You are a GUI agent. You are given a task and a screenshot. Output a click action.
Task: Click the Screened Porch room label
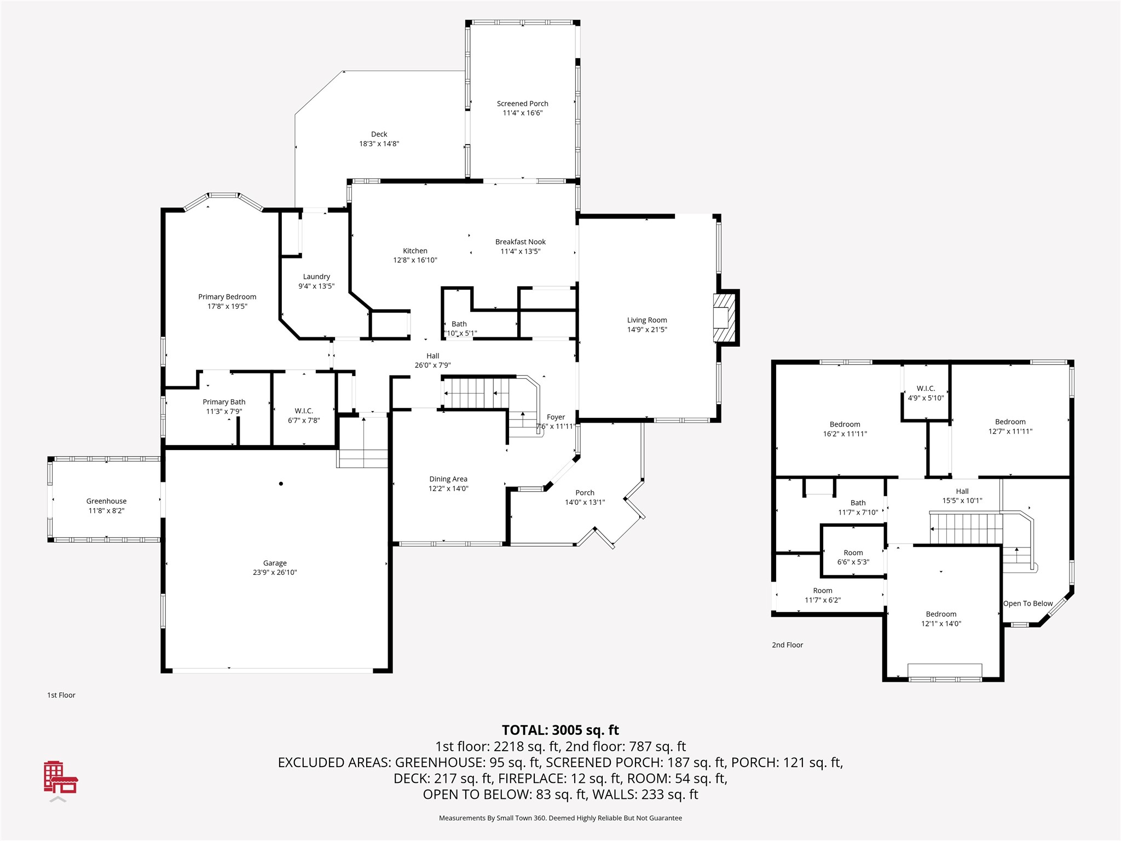522,103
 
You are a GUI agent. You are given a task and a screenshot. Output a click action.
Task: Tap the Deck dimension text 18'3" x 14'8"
379,143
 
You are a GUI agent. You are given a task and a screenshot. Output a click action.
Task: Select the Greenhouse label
106,501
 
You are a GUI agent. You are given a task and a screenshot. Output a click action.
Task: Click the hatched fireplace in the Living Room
724,318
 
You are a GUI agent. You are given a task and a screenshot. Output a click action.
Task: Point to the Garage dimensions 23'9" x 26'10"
275,572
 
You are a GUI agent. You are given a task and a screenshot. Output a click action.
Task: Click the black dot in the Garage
281,483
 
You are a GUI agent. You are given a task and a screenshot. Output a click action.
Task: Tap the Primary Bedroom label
227,297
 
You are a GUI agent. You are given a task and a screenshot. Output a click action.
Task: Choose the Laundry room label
316,277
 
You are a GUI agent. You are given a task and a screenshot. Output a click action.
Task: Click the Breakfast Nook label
521,241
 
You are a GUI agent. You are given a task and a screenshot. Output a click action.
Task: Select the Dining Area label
448,479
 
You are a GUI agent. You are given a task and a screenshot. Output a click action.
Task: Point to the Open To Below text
1028,603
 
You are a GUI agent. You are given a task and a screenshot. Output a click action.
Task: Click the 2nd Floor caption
787,645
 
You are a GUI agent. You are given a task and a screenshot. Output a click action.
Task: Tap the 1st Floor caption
61,695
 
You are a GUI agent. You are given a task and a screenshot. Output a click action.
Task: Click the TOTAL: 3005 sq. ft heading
560,730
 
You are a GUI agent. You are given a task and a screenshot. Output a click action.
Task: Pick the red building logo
60,777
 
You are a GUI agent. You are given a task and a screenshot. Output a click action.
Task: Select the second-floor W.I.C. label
926,388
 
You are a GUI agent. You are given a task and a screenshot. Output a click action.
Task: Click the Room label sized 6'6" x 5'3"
853,552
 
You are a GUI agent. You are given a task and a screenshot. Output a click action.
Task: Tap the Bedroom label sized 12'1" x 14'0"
941,614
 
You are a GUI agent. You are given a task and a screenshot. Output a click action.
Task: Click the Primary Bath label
224,402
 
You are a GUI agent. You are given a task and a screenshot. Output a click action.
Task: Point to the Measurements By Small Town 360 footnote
560,818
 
